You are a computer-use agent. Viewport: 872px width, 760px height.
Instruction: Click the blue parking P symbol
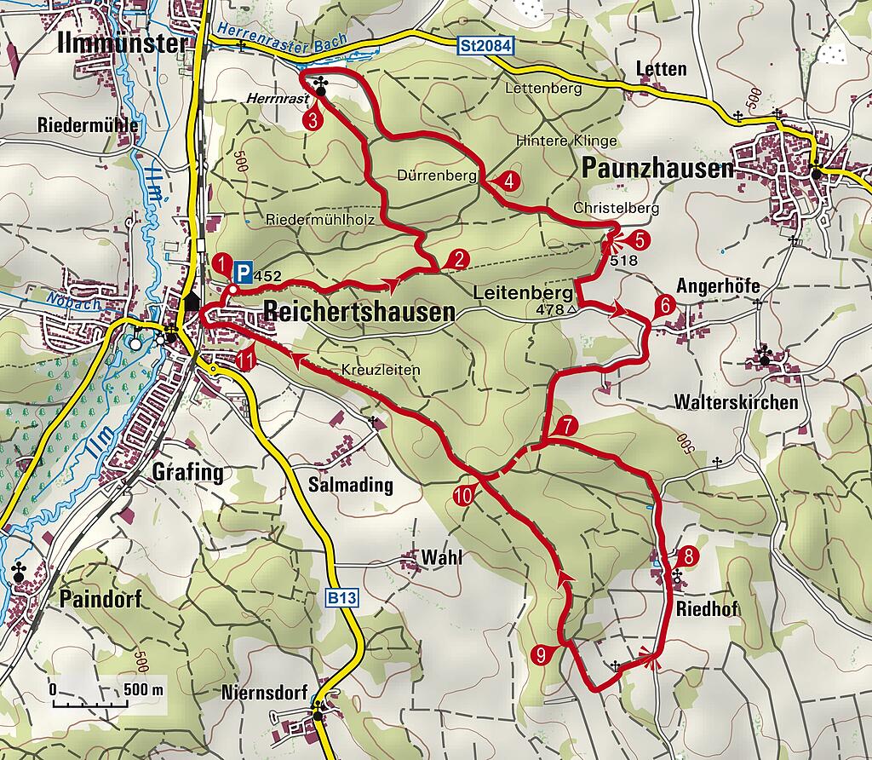click(243, 273)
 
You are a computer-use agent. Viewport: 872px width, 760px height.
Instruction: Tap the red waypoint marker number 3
click(313, 120)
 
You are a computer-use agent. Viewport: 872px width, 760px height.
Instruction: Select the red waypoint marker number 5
click(640, 240)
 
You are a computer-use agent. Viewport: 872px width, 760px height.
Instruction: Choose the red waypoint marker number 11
click(246, 360)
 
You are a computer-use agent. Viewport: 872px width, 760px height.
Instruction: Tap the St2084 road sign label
click(485, 48)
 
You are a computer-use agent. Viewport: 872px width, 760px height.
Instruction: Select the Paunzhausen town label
click(657, 169)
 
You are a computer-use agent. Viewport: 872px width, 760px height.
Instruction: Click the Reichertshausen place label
click(359, 312)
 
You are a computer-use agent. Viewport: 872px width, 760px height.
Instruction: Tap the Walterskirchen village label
click(737, 401)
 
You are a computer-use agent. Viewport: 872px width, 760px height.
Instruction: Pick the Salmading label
click(351, 485)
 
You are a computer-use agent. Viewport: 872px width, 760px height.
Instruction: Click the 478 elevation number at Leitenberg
click(551, 310)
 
